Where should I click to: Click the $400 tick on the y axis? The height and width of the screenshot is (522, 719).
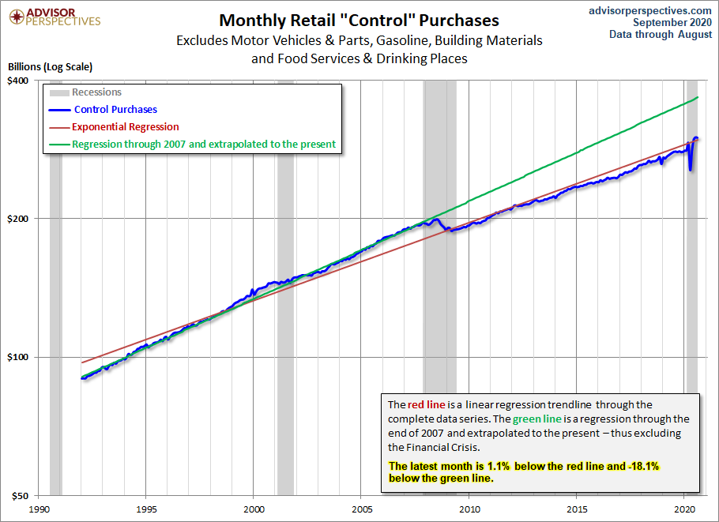18,81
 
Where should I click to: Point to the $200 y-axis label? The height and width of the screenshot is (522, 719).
18,219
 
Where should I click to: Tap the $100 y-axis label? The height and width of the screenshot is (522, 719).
18,357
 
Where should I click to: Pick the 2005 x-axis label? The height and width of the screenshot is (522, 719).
362,509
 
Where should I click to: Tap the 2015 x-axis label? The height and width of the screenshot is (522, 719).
578,509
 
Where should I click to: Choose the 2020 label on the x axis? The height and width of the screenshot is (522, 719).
685,509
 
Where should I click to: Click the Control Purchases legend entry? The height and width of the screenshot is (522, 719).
115,110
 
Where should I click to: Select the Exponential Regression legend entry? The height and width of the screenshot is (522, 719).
125,127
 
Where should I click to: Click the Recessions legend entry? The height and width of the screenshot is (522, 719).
96,92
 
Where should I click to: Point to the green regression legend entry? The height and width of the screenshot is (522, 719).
204,145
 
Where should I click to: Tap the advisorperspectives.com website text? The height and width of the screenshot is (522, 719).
650,10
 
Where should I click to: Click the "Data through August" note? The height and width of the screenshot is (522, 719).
661,35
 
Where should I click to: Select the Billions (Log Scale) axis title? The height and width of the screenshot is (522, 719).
50,67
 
